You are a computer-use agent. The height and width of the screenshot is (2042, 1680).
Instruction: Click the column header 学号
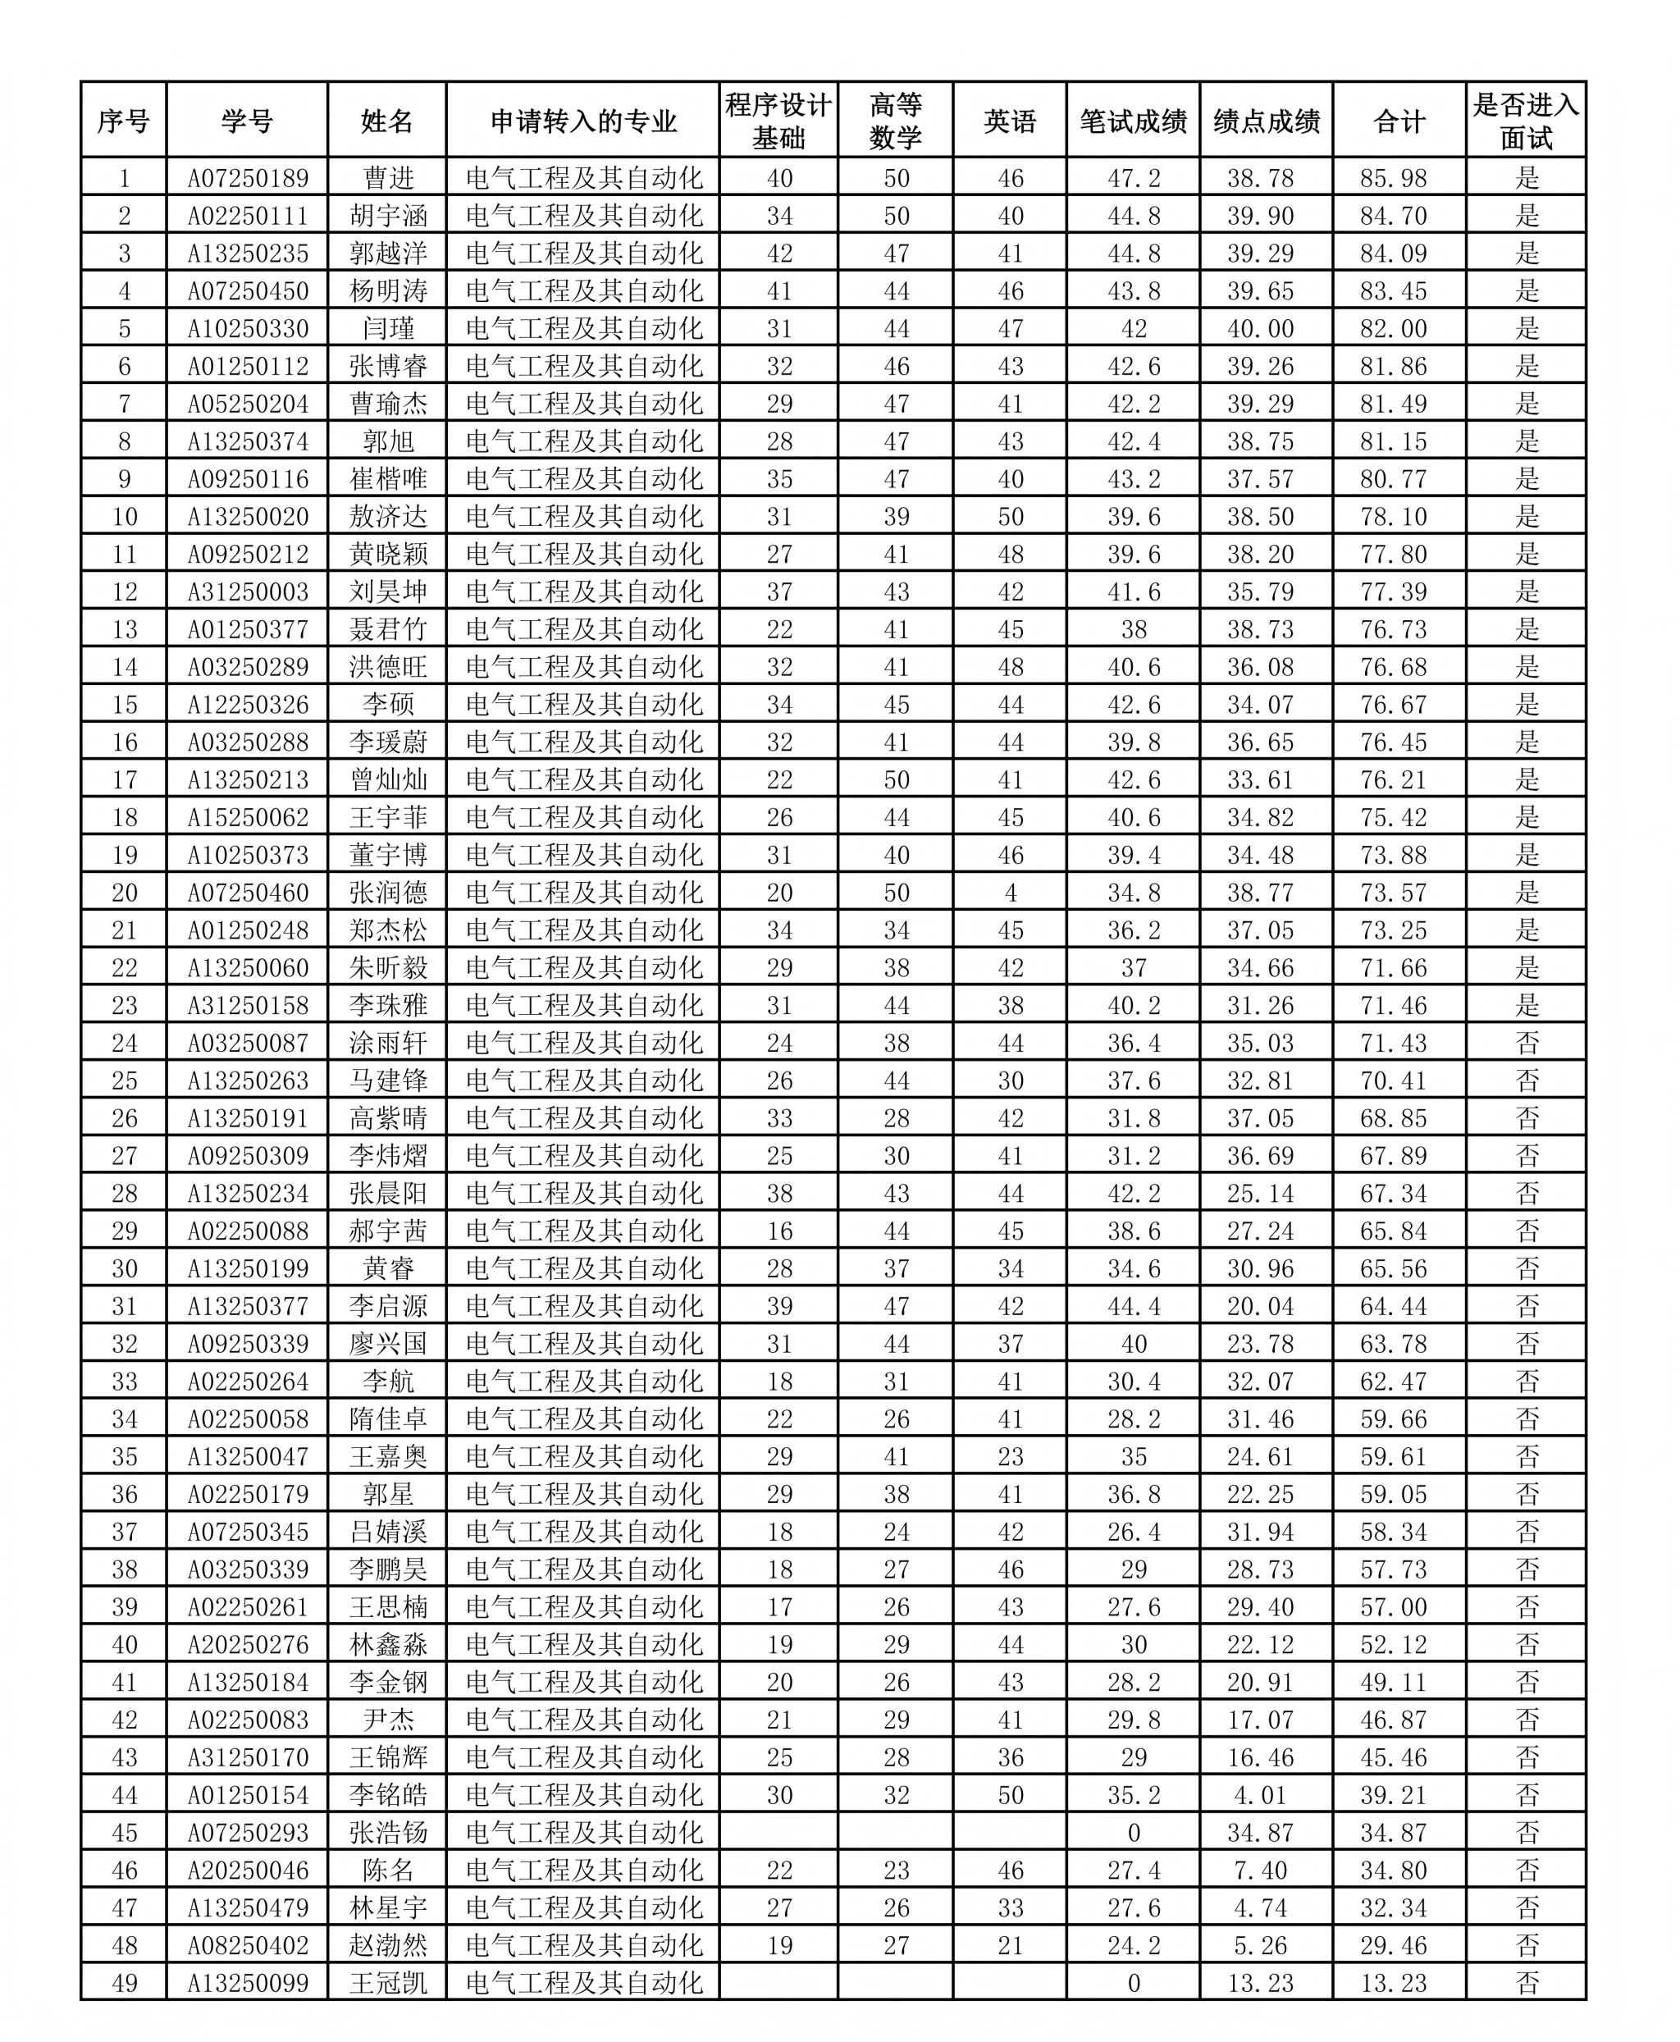click(x=247, y=121)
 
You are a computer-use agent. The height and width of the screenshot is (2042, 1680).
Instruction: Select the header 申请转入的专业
click(x=582, y=121)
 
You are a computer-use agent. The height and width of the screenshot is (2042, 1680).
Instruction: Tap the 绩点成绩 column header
click(x=1266, y=121)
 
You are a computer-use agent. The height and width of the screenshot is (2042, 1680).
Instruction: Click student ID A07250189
click(x=248, y=178)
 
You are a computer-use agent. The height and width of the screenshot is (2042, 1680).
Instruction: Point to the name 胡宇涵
click(x=387, y=216)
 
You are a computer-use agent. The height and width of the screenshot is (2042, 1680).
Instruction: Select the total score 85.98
click(x=1393, y=178)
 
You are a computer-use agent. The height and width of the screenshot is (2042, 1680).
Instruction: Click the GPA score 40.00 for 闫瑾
click(x=1260, y=329)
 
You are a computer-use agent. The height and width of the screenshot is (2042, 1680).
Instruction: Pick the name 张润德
click(x=387, y=893)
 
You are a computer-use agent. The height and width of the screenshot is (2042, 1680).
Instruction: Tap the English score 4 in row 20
click(x=1011, y=893)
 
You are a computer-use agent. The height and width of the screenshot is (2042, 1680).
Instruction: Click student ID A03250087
click(x=248, y=1044)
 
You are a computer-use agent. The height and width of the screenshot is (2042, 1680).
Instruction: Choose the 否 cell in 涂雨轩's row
click(x=1526, y=1044)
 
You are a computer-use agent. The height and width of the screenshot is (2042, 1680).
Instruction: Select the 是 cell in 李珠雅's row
click(x=1526, y=1006)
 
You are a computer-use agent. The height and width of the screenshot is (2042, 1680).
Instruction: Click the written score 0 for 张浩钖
click(x=1133, y=1833)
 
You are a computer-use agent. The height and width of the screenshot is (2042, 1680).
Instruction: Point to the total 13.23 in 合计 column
click(x=1393, y=1983)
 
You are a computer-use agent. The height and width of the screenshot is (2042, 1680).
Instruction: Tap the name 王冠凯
click(x=387, y=1983)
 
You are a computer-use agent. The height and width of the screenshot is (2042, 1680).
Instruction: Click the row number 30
click(x=124, y=1268)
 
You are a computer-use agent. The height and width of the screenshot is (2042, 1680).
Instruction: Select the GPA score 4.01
click(x=1260, y=1795)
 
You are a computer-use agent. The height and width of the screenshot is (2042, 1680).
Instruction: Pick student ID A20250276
click(x=248, y=1644)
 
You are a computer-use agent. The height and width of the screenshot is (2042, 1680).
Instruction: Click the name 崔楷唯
click(x=387, y=479)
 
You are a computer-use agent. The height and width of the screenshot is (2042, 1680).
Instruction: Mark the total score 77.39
click(x=1393, y=592)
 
